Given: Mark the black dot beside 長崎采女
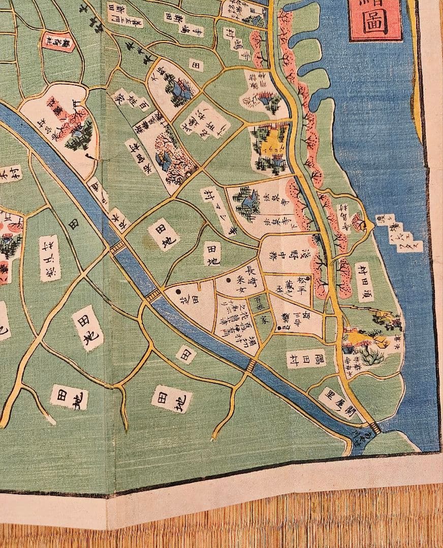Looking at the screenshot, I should click(179, 292).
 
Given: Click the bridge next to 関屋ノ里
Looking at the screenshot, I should click(375, 427).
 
